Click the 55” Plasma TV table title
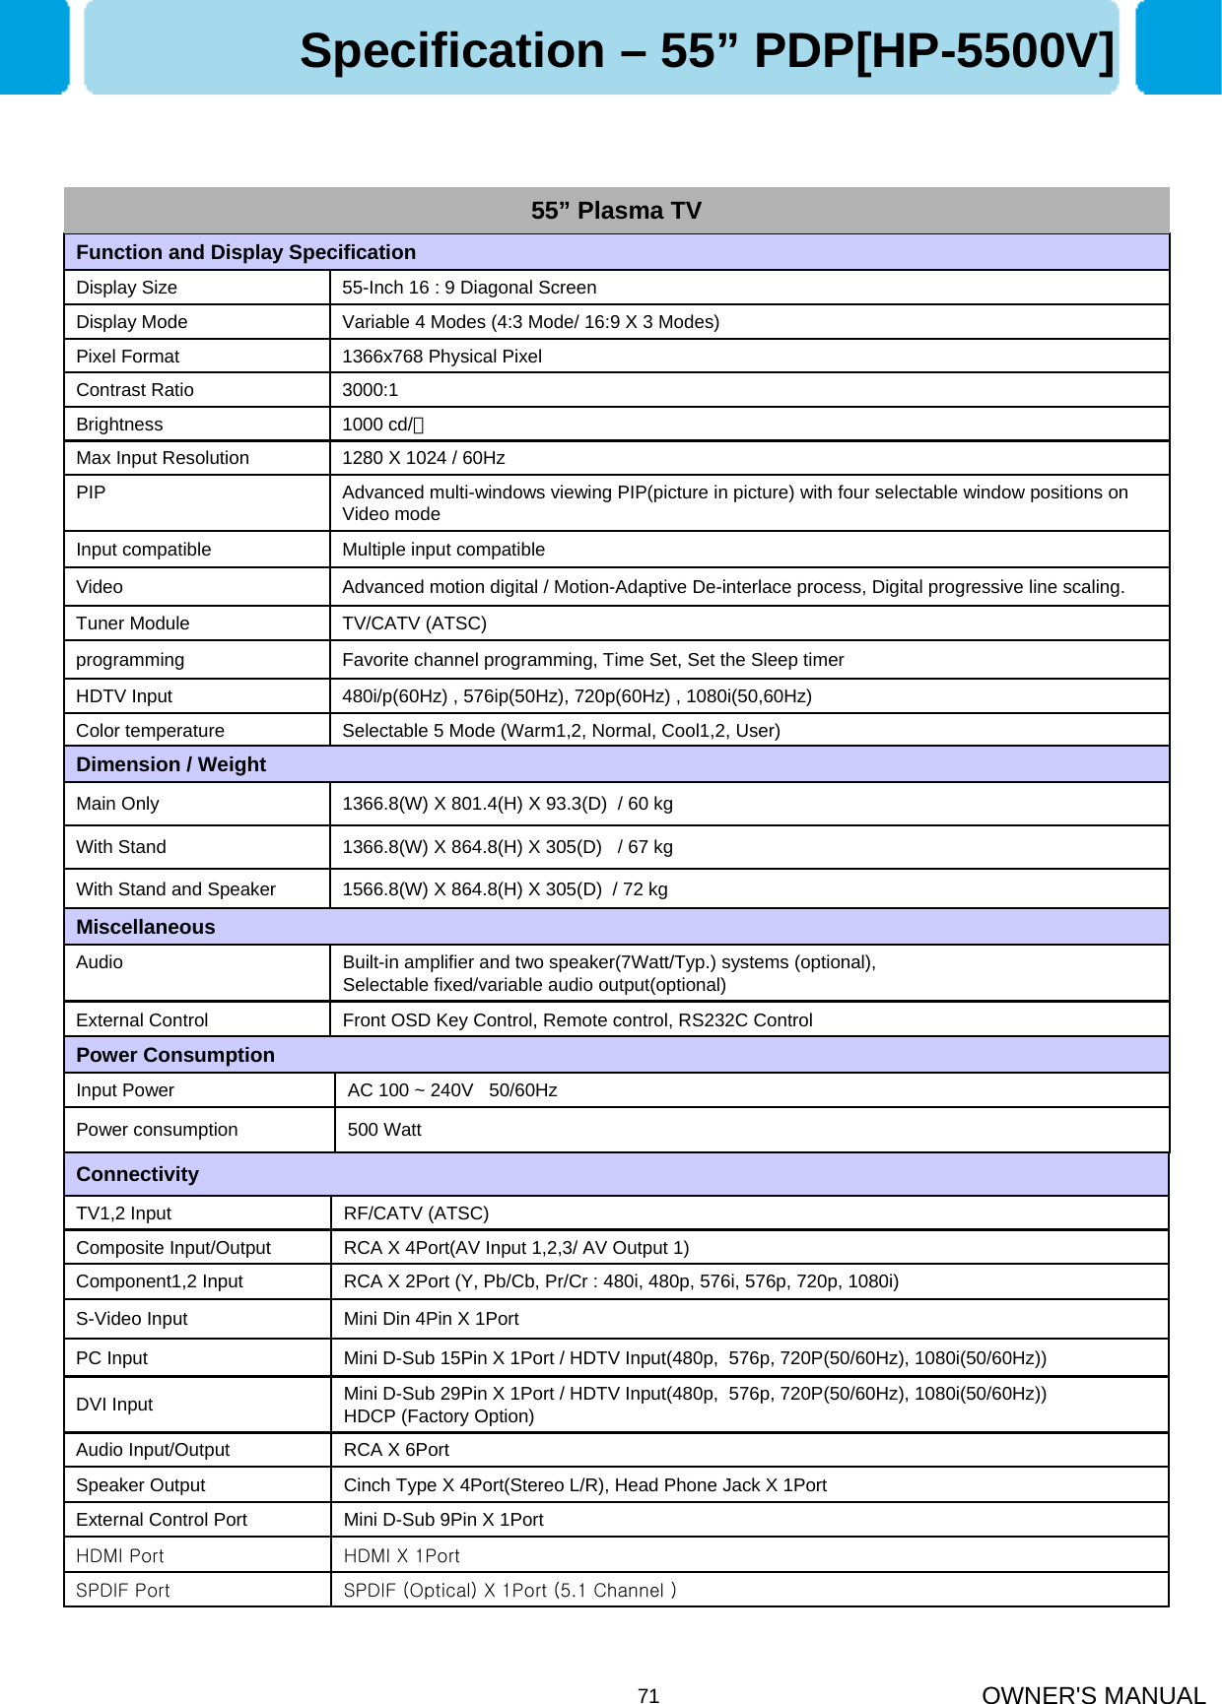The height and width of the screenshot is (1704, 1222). coord(616,211)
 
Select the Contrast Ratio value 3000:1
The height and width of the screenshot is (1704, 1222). coord(371,390)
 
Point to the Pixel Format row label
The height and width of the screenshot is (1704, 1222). coord(128,357)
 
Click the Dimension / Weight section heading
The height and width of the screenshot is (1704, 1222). coord(171,764)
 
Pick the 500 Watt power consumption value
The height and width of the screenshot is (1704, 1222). coord(384,1130)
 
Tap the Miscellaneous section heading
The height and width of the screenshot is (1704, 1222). coord(146,927)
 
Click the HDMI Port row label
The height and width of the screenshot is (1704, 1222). coord(120,1556)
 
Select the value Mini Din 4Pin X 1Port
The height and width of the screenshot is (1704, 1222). coord(431,1319)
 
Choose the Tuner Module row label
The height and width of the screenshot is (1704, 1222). coord(133,623)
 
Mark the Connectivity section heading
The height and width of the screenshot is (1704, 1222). coord(138,1174)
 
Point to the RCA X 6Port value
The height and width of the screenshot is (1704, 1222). coord(396,1450)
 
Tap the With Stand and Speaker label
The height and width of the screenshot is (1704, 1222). coord(176,889)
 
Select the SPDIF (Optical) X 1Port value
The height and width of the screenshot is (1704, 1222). coord(509,1591)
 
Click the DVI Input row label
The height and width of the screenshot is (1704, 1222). coord(114,1405)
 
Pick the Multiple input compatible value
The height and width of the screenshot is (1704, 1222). coord(443,550)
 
